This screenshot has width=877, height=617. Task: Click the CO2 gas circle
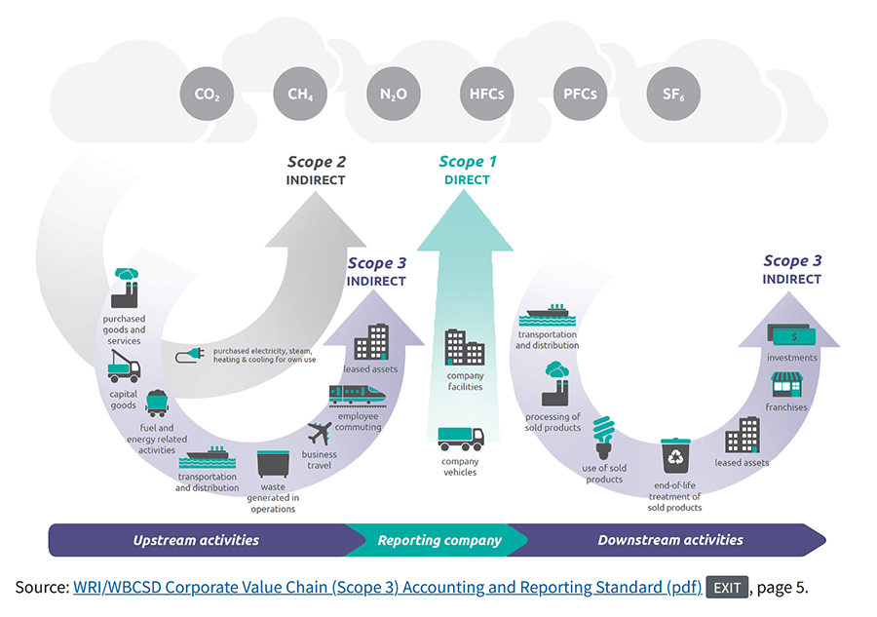tap(207, 95)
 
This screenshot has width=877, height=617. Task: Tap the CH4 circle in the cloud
tap(300, 95)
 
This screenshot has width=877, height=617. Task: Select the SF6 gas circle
tap(673, 95)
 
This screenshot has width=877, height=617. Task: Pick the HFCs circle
tap(486, 95)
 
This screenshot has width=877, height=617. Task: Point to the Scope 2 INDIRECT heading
tap(316, 171)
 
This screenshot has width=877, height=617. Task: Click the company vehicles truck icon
tap(460, 439)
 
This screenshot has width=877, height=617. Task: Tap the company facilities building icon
tap(465, 347)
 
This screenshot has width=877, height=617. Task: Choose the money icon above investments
tap(790, 335)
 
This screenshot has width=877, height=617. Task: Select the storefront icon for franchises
tap(785, 383)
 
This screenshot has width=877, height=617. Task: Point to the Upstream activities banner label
tap(196, 540)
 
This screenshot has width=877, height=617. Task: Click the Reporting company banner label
tap(439, 540)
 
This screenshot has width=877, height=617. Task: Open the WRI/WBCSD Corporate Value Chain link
tap(387, 587)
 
